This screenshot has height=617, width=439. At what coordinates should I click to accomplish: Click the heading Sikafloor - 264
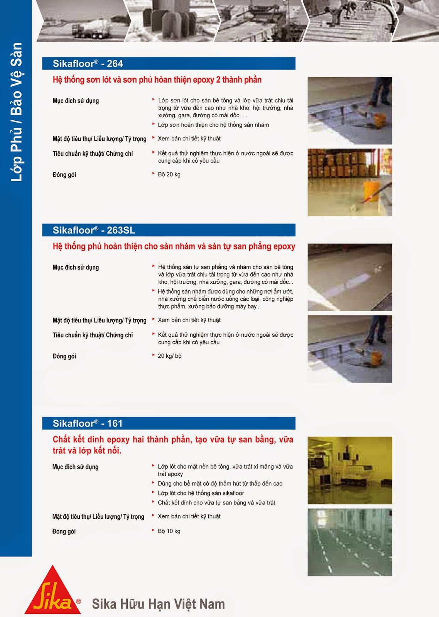tap(88, 64)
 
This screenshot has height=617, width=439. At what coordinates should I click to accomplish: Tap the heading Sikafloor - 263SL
tap(94, 230)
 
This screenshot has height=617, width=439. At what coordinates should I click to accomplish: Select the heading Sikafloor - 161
tap(87, 423)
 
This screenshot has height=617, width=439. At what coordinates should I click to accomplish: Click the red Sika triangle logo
tap(52, 591)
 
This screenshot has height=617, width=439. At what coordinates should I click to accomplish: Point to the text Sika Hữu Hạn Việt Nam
tap(158, 604)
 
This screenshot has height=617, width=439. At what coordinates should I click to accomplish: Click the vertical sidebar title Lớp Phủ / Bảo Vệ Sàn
tap(16, 112)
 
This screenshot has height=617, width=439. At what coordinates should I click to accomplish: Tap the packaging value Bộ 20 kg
tap(169, 174)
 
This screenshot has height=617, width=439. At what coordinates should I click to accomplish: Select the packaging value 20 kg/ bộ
tap(169, 356)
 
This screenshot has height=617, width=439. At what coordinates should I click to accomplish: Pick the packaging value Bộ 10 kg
tap(169, 531)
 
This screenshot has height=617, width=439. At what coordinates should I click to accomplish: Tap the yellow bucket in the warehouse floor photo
tap(371, 190)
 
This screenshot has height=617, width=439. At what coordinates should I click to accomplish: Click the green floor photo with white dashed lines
tap(350, 542)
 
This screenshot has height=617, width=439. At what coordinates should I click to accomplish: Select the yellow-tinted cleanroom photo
tap(350, 470)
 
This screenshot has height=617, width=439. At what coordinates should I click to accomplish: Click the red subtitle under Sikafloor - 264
tap(157, 80)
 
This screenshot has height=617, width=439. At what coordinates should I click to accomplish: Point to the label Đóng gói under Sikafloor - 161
tap(64, 531)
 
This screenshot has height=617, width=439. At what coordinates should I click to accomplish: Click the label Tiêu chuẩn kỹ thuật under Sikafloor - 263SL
tap(93, 335)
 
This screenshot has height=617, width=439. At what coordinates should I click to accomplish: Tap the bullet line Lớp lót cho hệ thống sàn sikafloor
tap(201, 493)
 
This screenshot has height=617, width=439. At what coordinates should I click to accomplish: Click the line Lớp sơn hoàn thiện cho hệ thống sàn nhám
tap(213, 125)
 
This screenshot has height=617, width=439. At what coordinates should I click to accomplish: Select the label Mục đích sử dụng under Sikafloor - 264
tap(76, 101)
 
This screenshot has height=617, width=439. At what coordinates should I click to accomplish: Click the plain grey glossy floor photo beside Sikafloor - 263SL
tap(350, 277)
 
